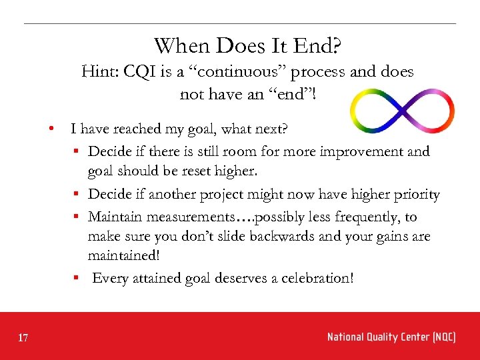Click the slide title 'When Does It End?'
tap(248, 46)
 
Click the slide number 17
tap(23, 339)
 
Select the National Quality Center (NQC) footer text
tap(391, 337)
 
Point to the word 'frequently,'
tap(367, 217)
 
